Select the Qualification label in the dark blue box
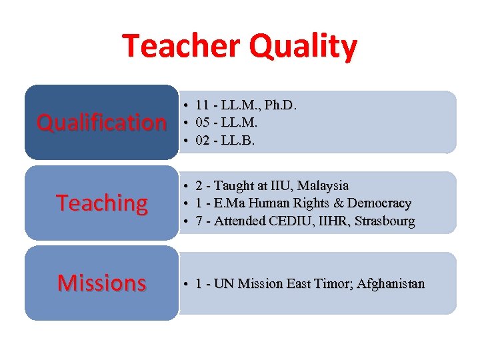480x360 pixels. click(x=101, y=123)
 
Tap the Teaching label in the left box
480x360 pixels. click(x=102, y=203)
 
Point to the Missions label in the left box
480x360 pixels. click(x=101, y=283)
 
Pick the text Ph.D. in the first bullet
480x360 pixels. click(x=281, y=105)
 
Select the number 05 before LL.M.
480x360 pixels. click(x=203, y=123)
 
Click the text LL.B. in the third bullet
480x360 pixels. click(x=241, y=140)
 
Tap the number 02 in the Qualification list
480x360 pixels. click(x=203, y=140)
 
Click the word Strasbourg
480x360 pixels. click(x=385, y=220)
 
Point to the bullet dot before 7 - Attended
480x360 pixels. click(x=189, y=221)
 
